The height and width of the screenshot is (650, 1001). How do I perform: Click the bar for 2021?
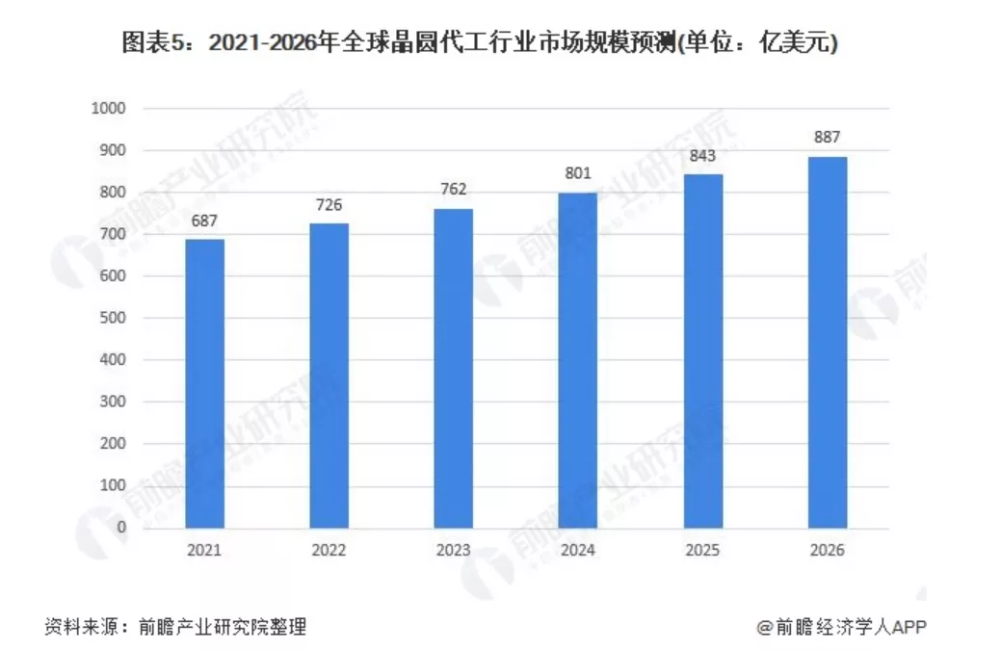[205, 383]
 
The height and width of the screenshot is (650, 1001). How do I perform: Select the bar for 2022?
[329, 376]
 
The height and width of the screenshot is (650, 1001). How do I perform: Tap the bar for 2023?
[453, 368]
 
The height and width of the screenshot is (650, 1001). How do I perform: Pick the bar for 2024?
[578, 360]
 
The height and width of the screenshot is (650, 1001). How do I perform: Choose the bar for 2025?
[702, 351]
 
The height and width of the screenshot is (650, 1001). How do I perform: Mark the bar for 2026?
[827, 342]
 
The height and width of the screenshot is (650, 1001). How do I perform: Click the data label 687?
[205, 221]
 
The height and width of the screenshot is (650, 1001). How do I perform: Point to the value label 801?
[578, 175]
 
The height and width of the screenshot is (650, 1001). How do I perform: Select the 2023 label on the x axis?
[453, 551]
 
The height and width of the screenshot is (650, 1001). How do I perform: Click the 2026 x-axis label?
[827, 551]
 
